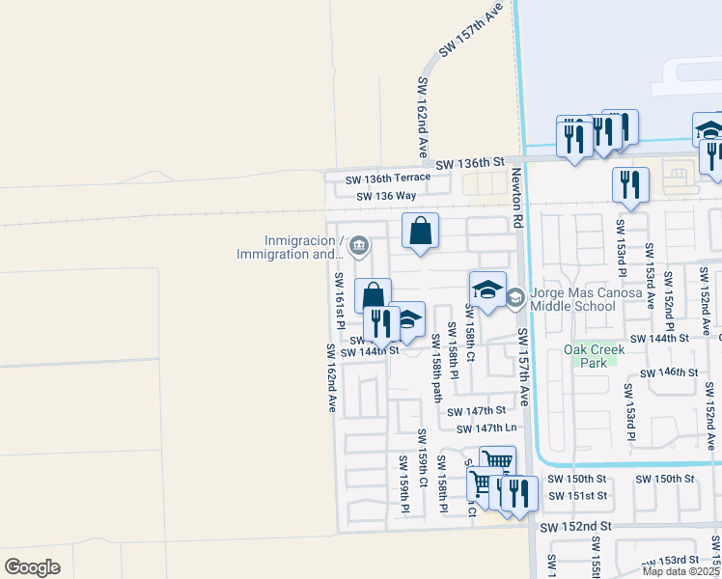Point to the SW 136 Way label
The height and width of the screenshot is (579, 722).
pyautogui.click(x=385, y=197)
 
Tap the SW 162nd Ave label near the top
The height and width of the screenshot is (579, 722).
pyautogui.click(x=422, y=118)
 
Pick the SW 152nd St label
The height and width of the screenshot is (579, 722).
pyautogui.click(x=576, y=527)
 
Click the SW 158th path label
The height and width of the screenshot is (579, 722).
pyautogui.click(x=436, y=367)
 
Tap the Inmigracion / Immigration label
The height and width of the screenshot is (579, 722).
pyautogui.click(x=289, y=247)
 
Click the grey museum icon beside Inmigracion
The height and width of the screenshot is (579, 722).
pyautogui.click(x=359, y=246)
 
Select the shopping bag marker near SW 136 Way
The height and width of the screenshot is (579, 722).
pyautogui.click(x=420, y=232)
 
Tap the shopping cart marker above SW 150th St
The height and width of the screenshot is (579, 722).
pyautogui.click(x=497, y=461)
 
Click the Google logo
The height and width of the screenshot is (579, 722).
pyautogui.click(x=32, y=567)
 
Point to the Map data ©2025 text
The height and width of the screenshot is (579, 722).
pyautogui.click(x=680, y=571)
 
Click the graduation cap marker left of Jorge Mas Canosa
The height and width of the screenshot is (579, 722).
pyautogui.click(x=487, y=289)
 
